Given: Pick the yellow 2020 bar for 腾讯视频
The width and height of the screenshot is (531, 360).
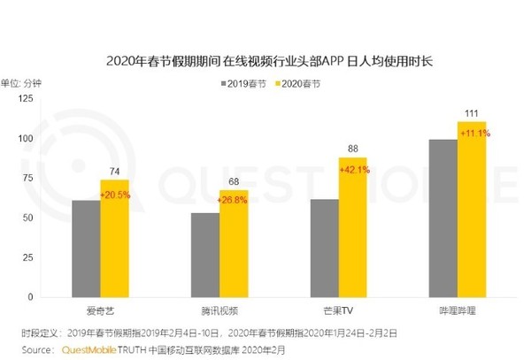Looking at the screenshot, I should click(x=234, y=242).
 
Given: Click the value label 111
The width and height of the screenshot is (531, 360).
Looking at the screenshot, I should click(x=472, y=112).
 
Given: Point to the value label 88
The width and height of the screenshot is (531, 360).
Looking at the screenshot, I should click(x=353, y=149).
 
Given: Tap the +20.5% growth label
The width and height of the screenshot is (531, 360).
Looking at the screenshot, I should click(x=115, y=194).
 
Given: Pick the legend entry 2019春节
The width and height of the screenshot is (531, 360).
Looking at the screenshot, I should click(x=244, y=84).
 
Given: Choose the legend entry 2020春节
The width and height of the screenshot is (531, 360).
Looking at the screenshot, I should click(x=301, y=84).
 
